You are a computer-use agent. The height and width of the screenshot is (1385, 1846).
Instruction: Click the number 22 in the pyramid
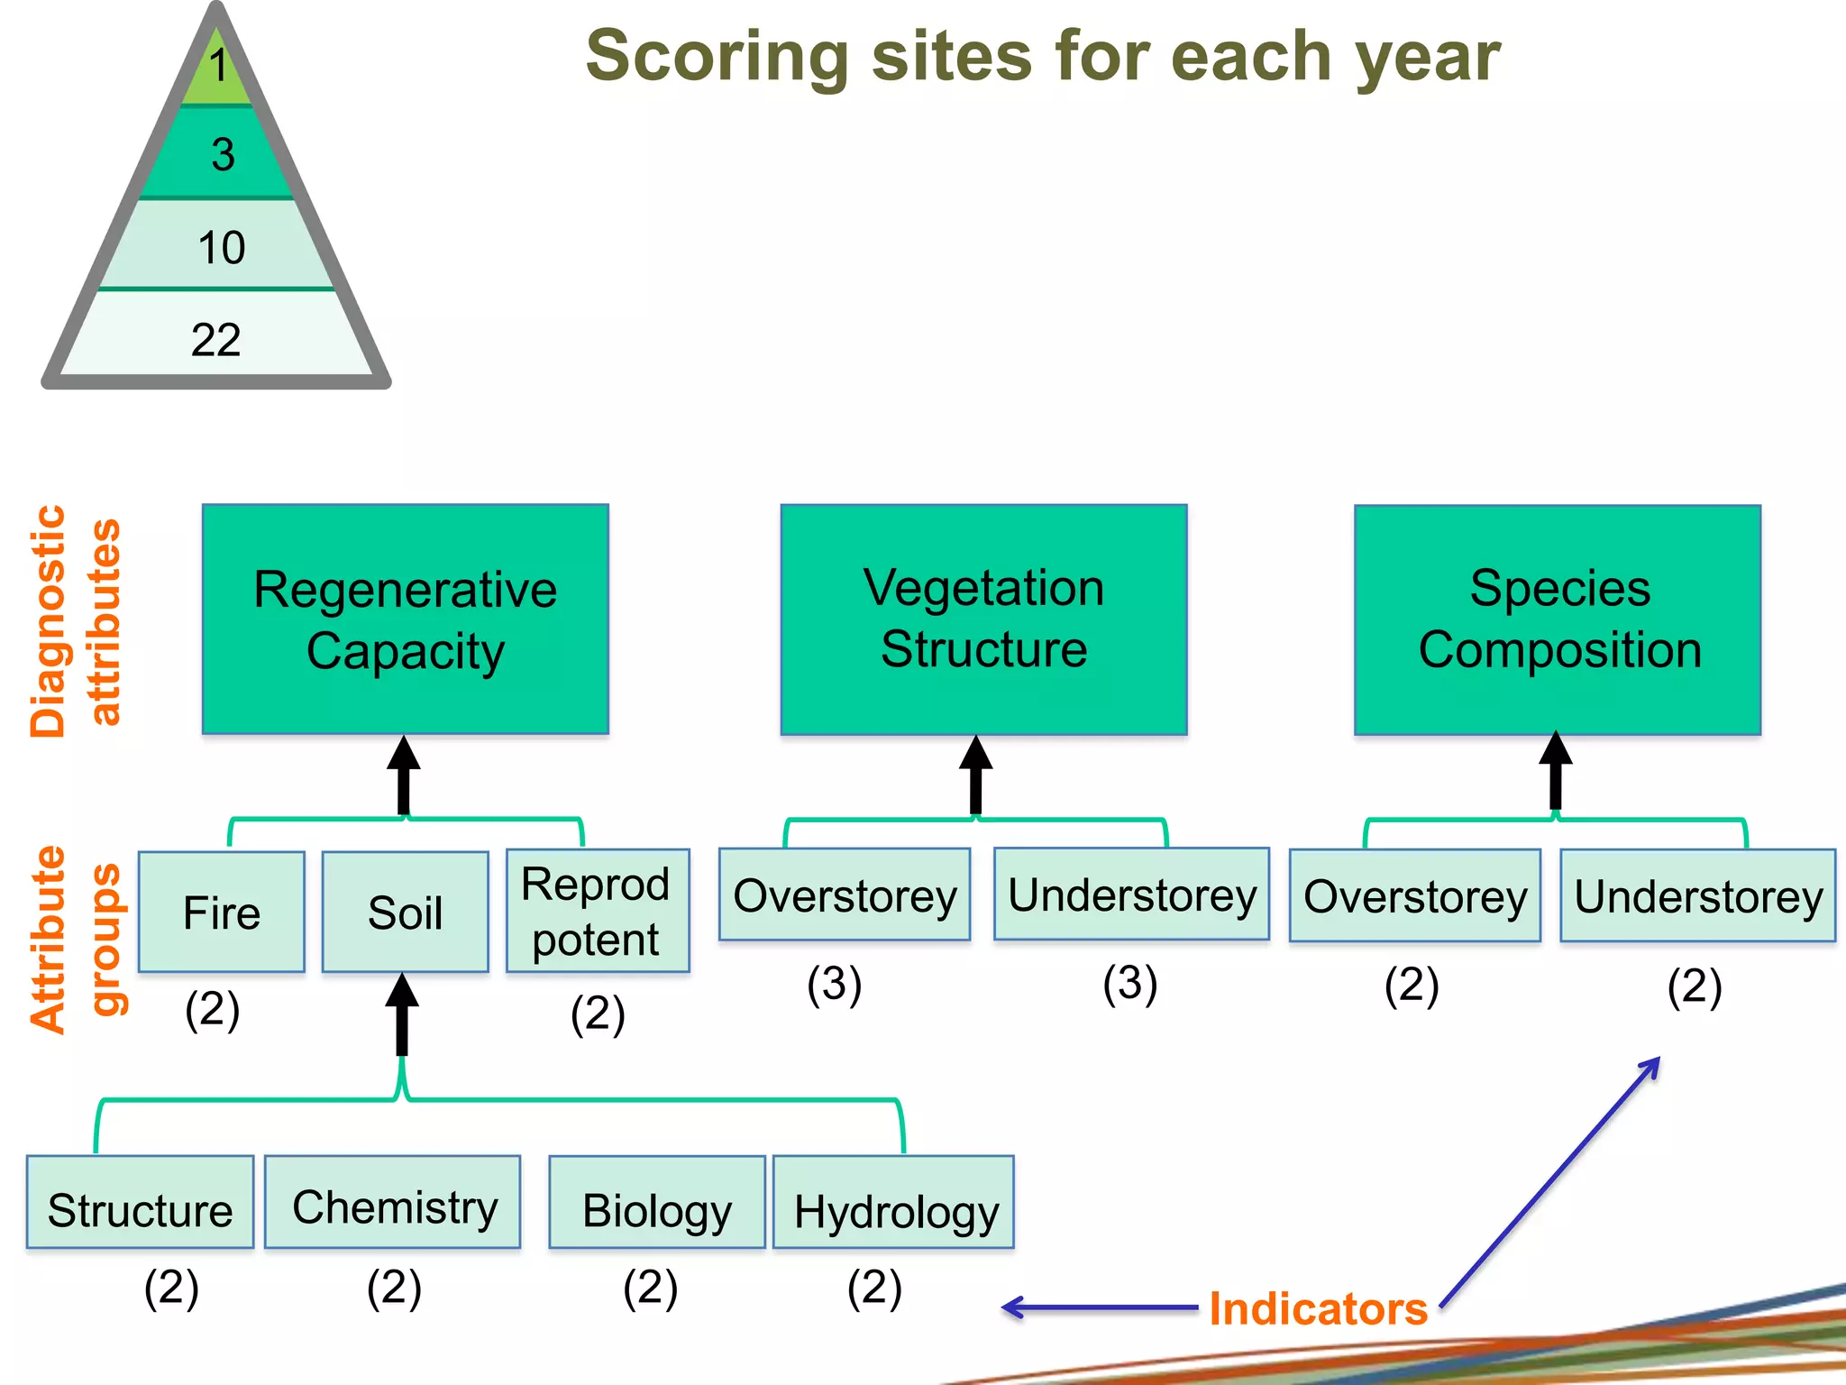point(216,340)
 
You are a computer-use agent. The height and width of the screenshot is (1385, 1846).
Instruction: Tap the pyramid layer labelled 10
point(221,246)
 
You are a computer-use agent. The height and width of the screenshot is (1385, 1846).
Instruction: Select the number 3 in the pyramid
point(223,154)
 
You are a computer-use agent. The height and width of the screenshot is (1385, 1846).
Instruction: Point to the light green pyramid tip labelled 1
point(217,66)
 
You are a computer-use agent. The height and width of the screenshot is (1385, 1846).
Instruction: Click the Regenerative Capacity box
point(406,619)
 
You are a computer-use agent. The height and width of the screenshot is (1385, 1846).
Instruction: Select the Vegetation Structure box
point(983,619)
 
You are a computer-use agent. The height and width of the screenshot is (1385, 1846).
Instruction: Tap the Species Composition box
point(1558,619)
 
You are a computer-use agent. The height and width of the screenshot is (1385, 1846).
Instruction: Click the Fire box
point(222,912)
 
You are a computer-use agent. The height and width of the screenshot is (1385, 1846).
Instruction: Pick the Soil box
point(406,912)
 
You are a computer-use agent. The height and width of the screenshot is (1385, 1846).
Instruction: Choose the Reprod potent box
point(597,911)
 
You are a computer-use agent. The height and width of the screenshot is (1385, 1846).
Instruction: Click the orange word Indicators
point(1318,1307)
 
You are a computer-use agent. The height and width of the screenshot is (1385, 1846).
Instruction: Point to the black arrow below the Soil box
point(402,1014)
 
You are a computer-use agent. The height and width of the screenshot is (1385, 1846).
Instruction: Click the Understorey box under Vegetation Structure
point(1131,894)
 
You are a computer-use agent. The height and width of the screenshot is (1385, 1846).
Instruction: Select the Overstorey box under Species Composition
point(1415,896)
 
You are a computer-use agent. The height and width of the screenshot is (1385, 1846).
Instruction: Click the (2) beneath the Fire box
point(213,1009)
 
